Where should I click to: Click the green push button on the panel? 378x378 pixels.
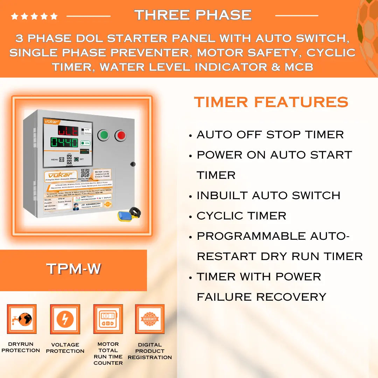pyautogui.click(x=104, y=135)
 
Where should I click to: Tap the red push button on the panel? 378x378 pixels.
pyautogui.click(x=121, y=135)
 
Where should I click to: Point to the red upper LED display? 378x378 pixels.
pyautogui.click(x=68, y=131)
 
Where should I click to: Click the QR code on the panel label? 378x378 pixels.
pyautogui.click(x=85, y=173)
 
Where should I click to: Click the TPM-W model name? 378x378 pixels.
pyautogui.click(x=73, y=269)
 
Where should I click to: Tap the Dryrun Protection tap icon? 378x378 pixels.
pyautogui.click(x=22, y=319)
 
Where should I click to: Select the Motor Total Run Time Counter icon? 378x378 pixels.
pyautogui.click(x=108, y=319)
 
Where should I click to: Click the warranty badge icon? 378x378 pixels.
pyautogui.click(x=150, y=319)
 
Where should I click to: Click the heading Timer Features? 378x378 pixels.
pyautogui.click(x=271, y=102)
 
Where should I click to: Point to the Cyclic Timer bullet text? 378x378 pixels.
pyautogui.click(x=241, y=216)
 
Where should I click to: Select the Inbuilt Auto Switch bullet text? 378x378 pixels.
pyautogui.click(x=268, y=195)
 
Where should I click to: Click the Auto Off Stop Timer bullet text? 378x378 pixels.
pyautogui.click(x=270, y=134)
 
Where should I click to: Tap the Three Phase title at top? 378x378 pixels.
pyautogui.click(x=193, y=15)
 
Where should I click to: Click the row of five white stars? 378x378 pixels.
pyautogui.click(x=34, y=16)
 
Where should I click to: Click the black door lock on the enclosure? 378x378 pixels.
pyautogui.click(x=133, y=164)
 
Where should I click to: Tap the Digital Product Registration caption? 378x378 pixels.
pyautogui.click(x=150, y=351)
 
